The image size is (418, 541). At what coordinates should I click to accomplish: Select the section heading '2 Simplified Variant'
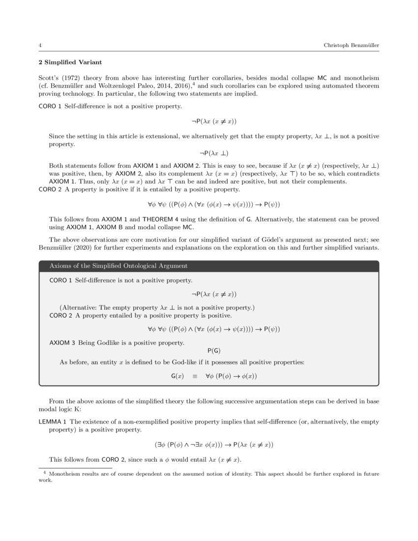[70, 62]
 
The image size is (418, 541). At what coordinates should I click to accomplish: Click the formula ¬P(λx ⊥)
[210, 153]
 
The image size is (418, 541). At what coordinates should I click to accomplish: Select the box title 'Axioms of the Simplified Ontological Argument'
[118, 266]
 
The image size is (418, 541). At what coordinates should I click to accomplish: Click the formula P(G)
[213, 350]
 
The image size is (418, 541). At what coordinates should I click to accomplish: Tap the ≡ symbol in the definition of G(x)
[194, 376]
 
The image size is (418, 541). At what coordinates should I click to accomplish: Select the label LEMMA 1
[53, 421]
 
